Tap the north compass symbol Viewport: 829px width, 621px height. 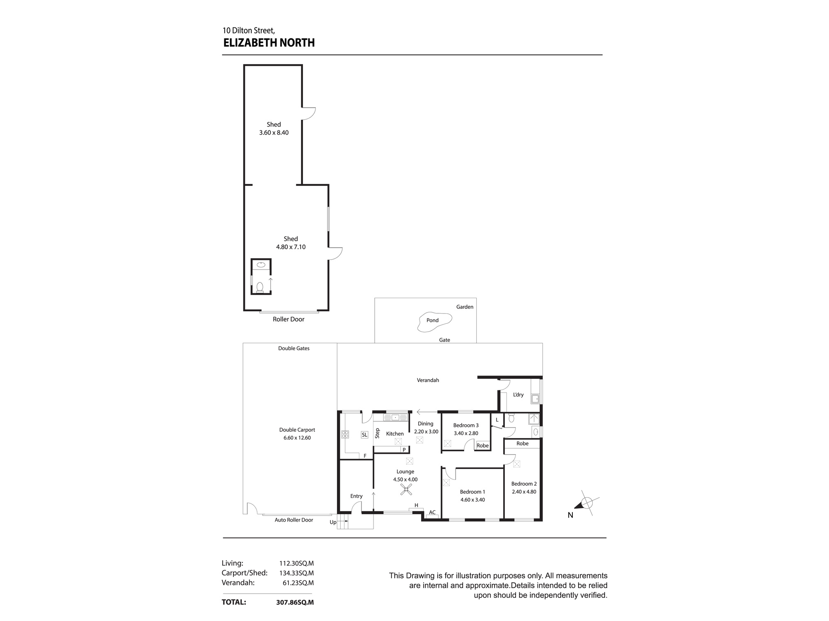pos(586,503)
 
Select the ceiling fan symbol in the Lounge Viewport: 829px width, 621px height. pos(406,490)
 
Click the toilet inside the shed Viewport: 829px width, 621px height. pos(260,286)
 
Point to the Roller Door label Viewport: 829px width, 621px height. pos(288,319)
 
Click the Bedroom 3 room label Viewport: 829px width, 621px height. pos(466,425)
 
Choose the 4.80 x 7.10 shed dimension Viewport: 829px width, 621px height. pos(291,247)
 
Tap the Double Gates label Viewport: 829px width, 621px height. pos(294,348)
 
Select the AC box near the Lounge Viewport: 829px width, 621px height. pos(432,513)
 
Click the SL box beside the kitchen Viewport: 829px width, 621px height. pos(364,435)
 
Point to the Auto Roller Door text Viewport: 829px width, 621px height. pos(294,520)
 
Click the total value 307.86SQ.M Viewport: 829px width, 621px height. pos(295,602)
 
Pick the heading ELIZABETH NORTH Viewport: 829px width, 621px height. pos(269,43)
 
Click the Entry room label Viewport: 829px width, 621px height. pos(356,496)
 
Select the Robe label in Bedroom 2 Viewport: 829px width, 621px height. pos(522,443)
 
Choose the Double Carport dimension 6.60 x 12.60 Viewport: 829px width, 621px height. pos(297,438)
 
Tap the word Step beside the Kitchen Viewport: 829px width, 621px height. pos(377,433)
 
